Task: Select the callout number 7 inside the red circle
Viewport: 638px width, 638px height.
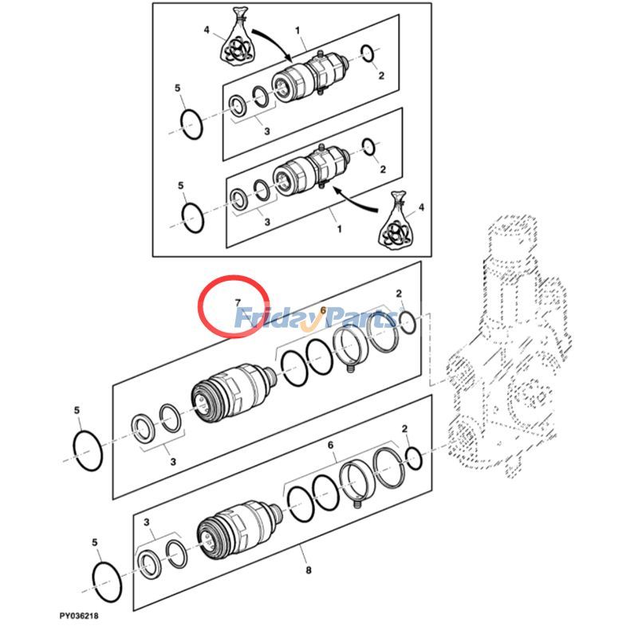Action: pos(237,301)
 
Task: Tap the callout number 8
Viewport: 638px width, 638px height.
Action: pos(308,571)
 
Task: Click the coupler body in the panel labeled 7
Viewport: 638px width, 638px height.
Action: pos(231,396)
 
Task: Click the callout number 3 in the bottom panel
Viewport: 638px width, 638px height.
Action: pos(148,522)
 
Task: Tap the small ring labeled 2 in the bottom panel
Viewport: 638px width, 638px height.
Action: pos(414,458)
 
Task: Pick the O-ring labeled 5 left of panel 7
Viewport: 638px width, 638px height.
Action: pos(88,451)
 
